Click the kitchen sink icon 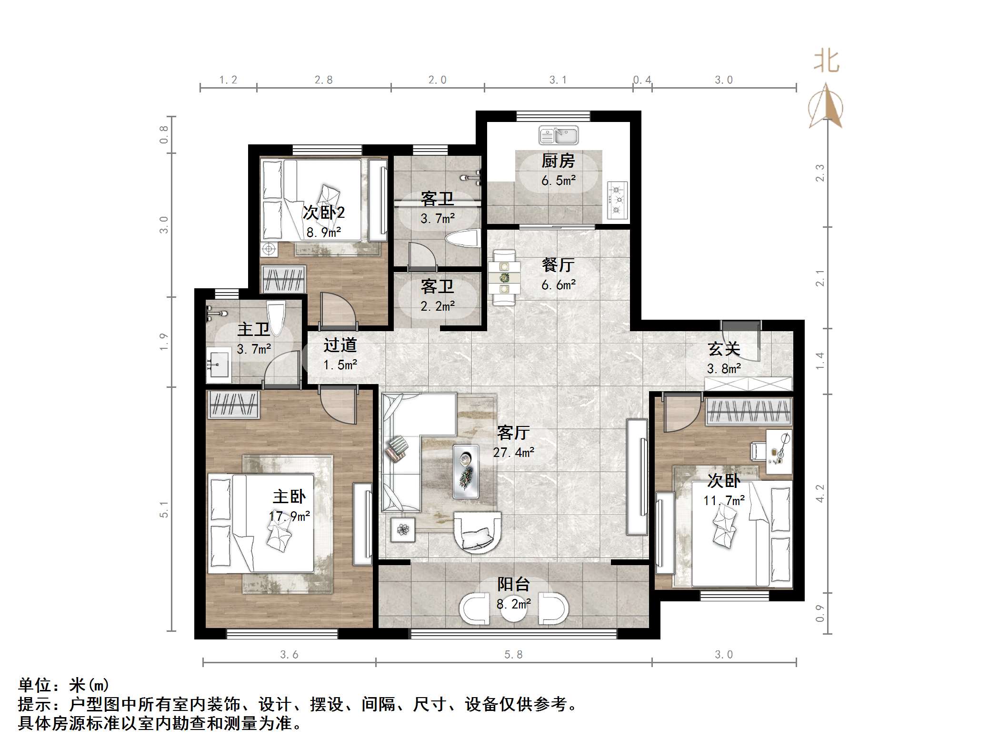point(558,135)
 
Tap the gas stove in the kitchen point(618,201)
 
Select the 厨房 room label point(558,161)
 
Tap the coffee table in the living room point(466,471)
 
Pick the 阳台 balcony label point(513,585)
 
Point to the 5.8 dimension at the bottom point(513,655)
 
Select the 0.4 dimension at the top point(642,80)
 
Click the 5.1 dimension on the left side point(164,509)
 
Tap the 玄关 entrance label point(724,349)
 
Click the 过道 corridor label point(340,345)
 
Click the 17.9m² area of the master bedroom point(289,516)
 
